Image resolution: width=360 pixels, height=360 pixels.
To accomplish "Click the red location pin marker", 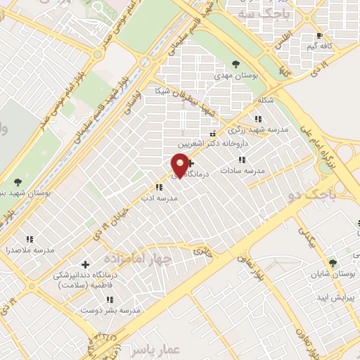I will pos(180,166).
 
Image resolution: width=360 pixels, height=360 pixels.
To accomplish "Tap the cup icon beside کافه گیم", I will pos(320,35).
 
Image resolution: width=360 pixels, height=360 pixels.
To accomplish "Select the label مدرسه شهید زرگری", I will pos(252,130).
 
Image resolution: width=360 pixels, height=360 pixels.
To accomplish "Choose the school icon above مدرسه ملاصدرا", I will pos(29,240).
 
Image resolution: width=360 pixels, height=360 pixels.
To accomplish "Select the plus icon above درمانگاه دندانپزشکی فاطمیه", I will pos(86,265).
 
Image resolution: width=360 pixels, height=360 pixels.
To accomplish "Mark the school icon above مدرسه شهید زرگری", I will pos(259,119).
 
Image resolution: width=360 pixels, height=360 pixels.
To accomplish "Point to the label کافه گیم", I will pos(319,46).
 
